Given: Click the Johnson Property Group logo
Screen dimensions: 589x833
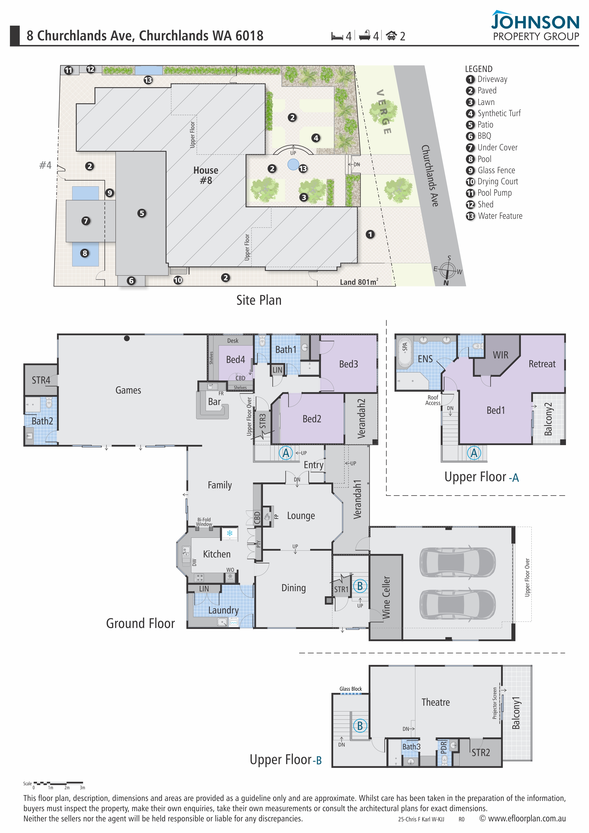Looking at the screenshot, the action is [x=535, y=25].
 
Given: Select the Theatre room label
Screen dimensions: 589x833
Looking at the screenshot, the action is [x=436, y=702].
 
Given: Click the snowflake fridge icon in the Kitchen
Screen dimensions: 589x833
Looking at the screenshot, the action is [x=230, y=533].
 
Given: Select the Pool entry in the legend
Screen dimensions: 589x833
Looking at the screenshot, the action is [x=479, y=159].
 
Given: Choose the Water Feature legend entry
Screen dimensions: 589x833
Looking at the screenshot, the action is [x=494, y=216].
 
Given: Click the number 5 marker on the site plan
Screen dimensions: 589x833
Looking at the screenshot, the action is [x=142, y=213].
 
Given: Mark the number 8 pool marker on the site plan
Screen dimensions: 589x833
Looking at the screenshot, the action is [x=85, y=253].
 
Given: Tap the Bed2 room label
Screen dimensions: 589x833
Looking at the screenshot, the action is [x=312, y=419].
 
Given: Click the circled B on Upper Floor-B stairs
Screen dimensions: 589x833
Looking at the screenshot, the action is [x=360, y=726].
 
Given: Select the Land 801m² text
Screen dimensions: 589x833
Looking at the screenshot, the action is [x=359, y=282].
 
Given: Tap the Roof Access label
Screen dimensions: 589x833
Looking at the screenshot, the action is [x=433, y=400].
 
